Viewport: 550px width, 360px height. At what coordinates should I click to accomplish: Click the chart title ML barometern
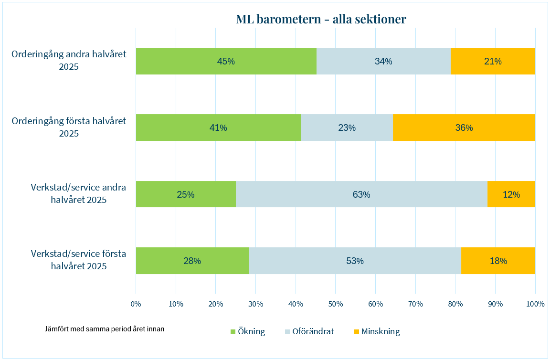[x=321, y=19]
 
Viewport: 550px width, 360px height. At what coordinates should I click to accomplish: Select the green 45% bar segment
[x=226, y=61]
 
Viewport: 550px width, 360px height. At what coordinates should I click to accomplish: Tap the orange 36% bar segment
[x=464, y=127]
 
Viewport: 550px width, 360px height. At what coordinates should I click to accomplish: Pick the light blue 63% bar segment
[x=361, y=194]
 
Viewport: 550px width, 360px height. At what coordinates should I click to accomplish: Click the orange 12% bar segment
[x=511, y=194]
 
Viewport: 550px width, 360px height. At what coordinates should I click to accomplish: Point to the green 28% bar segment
[x=192, y=261]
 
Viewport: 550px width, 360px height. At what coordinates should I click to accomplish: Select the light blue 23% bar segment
[x=347, y=127]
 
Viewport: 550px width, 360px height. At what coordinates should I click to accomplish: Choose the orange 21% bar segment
[x=493, y=61]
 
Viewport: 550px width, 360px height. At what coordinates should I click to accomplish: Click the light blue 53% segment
[x=355, y=261]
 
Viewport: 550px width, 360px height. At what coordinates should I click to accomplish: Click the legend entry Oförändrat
[x=313, y=331]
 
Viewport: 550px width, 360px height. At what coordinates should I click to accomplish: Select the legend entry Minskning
[x=380, y=331]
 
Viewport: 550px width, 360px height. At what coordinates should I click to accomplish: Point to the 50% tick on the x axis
[x=336, y=304]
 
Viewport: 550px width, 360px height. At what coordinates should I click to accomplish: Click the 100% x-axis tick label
[x=535, y=304]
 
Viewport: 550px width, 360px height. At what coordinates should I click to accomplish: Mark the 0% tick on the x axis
[x=136, y=304]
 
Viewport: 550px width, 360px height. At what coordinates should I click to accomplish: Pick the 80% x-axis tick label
[x=455, y=304]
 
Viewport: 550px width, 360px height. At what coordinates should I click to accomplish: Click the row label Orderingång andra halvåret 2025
[x=69, y=60]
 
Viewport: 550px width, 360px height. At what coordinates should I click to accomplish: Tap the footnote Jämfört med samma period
[x=105, y=329]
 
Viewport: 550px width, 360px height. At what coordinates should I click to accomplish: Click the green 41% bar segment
[x=218, y=127]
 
